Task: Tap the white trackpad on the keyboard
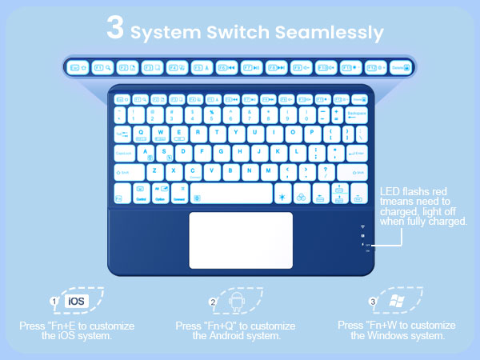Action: pos(241,240)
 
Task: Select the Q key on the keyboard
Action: pos(142,133)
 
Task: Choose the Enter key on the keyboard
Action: pos(357,152)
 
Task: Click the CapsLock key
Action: pos(124,152)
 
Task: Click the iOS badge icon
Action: pos(76,302)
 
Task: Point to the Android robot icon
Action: pos(236,302)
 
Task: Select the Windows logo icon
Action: pos(397,302)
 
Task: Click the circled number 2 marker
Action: pos(214,302)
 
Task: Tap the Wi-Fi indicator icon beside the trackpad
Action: pos(363,226)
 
